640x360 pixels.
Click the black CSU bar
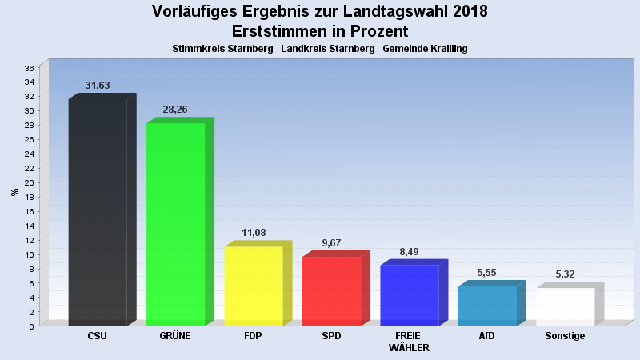[98, 212]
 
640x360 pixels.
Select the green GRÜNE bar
[175, 224]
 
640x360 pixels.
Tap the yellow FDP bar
[254, 286]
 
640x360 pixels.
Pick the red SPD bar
[331, 291]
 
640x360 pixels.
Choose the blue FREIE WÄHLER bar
[409, 295]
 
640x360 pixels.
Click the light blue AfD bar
[487, 306]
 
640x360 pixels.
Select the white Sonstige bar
[565, 306]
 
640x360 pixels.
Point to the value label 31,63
[97, 86]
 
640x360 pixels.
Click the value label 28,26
[174, 110]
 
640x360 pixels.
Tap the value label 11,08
[253, 233]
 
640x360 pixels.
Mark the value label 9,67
[330, 242]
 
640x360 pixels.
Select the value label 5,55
[486, 273]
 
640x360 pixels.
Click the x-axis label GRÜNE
[175, 336]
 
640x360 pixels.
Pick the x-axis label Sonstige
[565, 336]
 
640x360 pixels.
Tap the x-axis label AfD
[486, 336]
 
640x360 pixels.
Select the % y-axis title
[14, 192]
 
